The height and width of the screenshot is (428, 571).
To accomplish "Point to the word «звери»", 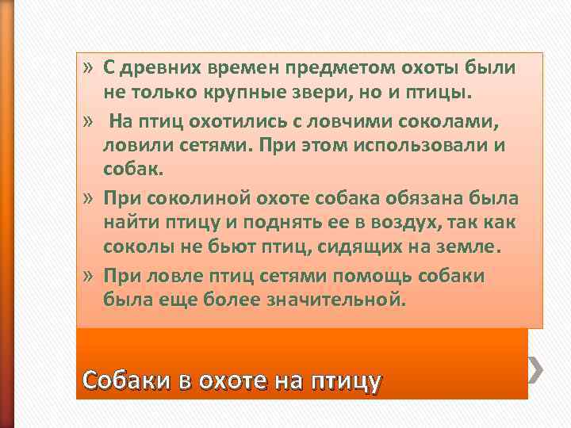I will click(x=326, y=94).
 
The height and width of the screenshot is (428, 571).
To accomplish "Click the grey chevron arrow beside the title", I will click(x=537, y=367).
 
